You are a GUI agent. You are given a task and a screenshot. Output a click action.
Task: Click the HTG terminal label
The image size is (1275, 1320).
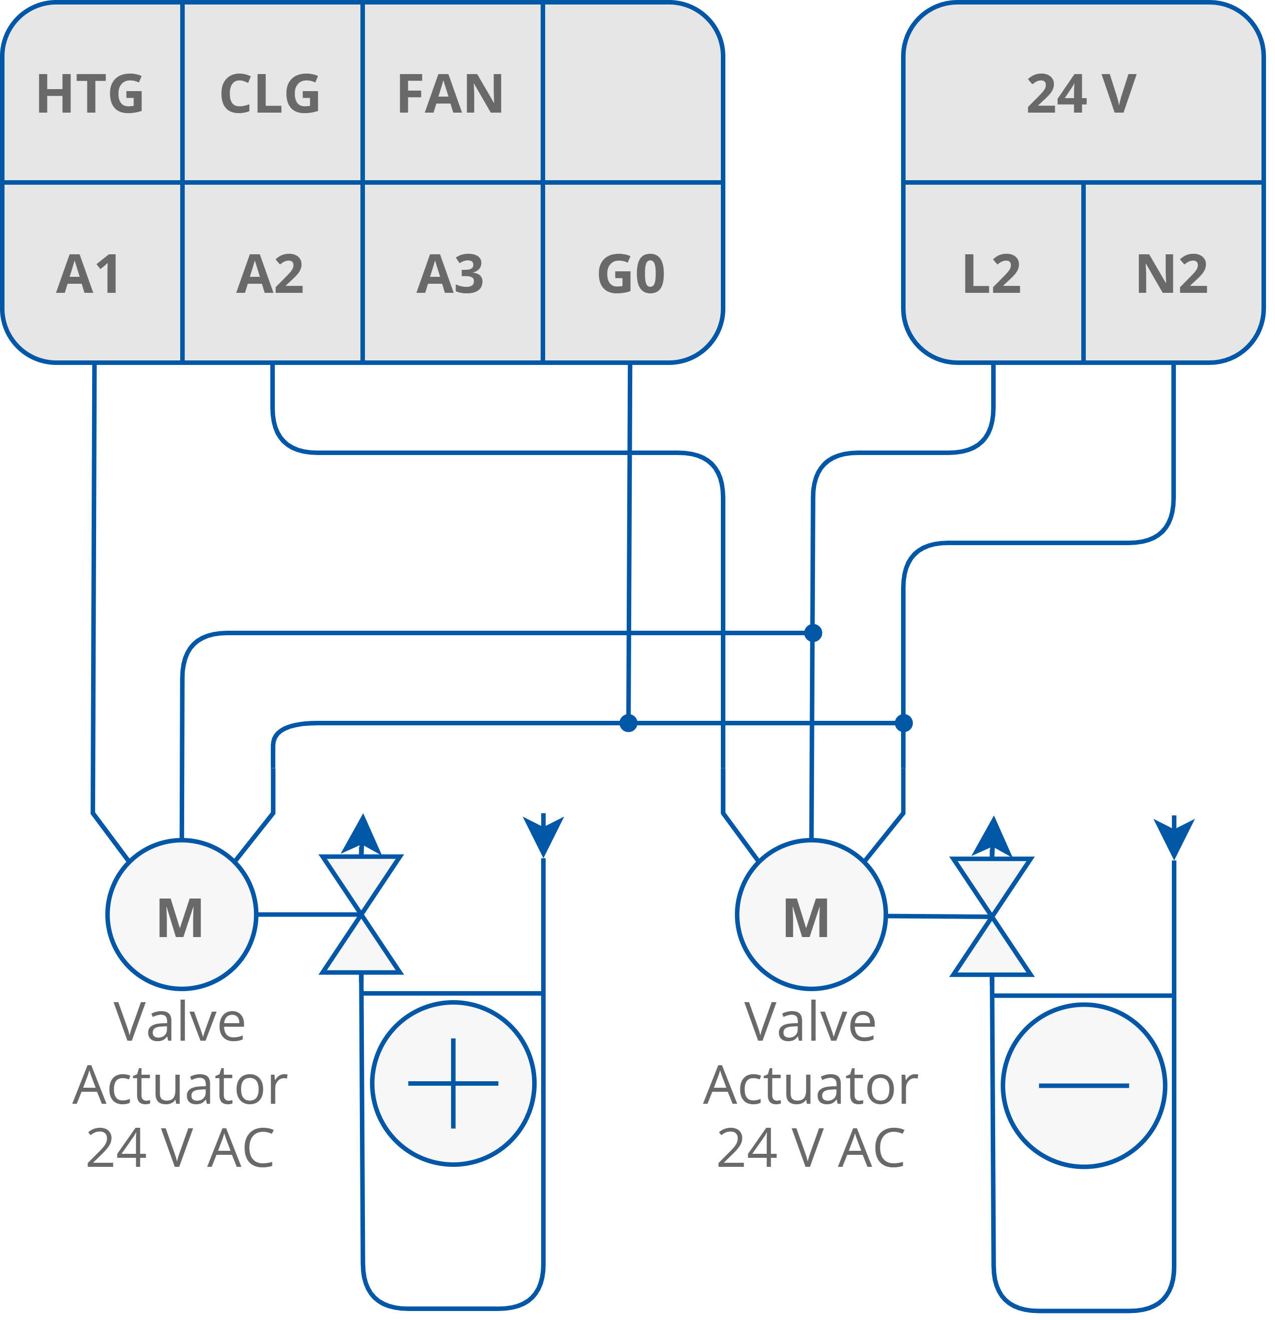pyautogui.click(x=90, y=94)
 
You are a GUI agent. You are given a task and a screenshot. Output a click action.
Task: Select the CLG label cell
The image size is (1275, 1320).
pyautogui.click(x=270, y=94)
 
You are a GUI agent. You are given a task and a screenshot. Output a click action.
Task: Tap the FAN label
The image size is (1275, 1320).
pyautogui.click(x=450, y=94)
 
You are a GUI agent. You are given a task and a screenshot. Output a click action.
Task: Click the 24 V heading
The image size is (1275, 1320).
pyautogui.click(x=1082, y=94)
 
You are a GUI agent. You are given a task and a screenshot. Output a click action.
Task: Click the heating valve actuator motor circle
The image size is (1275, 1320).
pyautogui.click(x=181, y=915)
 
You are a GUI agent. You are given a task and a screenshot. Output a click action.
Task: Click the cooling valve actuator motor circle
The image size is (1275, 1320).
pyautogui.click(x=811, y=915)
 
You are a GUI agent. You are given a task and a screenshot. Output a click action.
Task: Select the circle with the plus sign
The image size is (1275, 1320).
pyautogui.click(x=454, y=1084)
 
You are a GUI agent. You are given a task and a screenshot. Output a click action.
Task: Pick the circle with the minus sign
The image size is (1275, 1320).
pyautogui.click(x=1084, y=1086)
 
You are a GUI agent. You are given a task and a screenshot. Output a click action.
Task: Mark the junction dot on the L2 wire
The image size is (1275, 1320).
pyautogui.click(x=813, y=633)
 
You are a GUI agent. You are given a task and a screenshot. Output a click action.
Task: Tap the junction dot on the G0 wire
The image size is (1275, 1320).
pyautogui.click(x=628, y=723)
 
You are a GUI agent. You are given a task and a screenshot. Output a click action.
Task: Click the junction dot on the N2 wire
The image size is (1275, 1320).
pyautogui.click(x=904, y=723)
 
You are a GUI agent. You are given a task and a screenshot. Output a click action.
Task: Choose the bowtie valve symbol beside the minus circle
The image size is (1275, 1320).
pyautogui.click(x=992, y=916)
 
